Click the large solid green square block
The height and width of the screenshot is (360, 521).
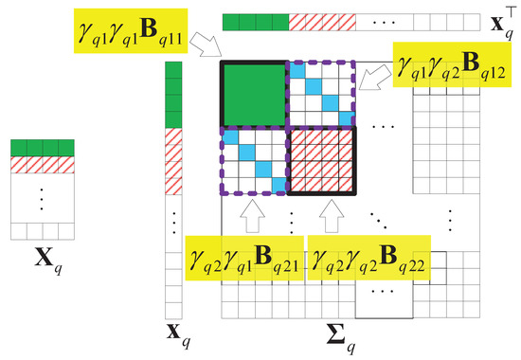[x=252, y=95]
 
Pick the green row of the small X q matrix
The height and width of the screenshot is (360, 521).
[x=41, y=147]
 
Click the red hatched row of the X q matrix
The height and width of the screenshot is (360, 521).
[x=41, y=165]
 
